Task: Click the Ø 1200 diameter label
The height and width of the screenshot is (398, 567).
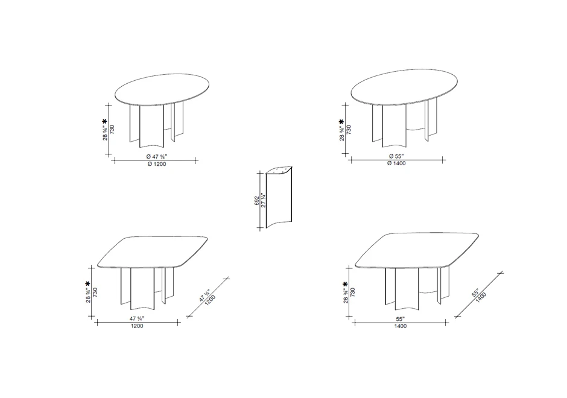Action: click(x=156, y=165)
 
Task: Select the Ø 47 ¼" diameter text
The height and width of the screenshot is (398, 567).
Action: click(x=156, y=156)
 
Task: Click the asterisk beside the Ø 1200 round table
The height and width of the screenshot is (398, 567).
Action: click(x=104, y=122)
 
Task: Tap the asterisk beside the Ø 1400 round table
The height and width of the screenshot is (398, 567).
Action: click(x=341, y=122)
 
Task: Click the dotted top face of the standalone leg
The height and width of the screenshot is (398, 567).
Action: click(x=279, y=171)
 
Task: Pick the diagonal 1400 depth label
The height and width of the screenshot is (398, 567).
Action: click(x=481, y=298)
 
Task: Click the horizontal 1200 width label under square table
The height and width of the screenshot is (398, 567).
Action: click(x=137, y=326)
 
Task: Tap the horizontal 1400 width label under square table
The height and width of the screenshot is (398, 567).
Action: click(x=401, y=326)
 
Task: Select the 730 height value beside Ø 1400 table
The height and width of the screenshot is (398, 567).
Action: click(x=349, y=130)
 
